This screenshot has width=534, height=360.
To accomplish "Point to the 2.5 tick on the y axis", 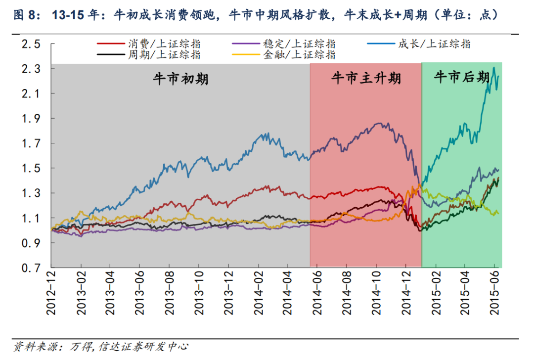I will click(30, 44).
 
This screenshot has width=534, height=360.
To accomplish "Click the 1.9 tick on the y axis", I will click(30, 119).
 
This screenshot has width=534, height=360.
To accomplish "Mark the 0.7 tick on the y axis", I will click(30, 268).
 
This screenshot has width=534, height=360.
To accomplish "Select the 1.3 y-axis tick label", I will click(30, 193).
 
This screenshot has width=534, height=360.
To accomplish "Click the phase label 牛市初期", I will click(180, 79).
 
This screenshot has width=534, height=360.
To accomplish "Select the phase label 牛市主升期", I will click(365, 78).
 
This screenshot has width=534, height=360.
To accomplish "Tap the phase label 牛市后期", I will click(461, 77).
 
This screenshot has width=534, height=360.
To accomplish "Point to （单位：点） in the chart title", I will click(467, 15).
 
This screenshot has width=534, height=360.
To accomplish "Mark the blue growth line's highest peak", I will click(493, 68).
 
